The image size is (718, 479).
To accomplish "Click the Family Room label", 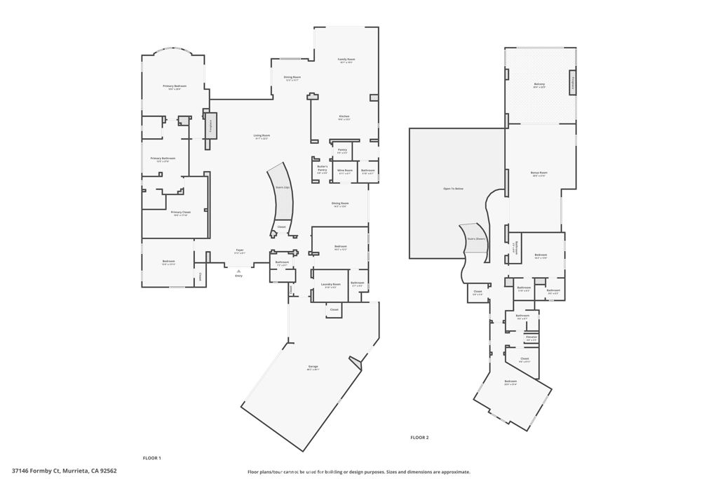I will pyautogui.click(x=346, y=60).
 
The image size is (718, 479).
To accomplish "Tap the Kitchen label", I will pyautogui.click(x=344, y=117).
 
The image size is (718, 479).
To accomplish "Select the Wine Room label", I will pyautogui.click(x=344, y=171).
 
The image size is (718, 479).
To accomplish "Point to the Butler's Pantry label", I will pyautogui.click(x=322, y=169).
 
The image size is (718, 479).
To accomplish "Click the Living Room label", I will pyautogui.click(x=262, y=136).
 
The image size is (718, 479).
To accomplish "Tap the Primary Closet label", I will pyautogui.click(x=180, y=213).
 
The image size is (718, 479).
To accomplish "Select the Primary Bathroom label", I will pyautogui.click(x=163, y=159).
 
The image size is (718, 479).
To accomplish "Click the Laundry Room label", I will pyautogui.click(x=330, y=285).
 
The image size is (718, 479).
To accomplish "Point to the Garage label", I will pyautogui.click(x=313, y=367).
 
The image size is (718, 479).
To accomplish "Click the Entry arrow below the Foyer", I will pyautogui.click(x=238, y=270).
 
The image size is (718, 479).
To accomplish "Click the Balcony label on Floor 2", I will pyautogui.click(x=539, y=85).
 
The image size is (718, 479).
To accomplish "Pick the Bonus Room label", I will pyautogui.click(x=538, y=174).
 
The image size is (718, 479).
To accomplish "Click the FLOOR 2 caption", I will pyautogui.click(x=419, y=438).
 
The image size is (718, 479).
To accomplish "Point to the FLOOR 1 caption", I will pyautogui.click(x=151, y=458).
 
